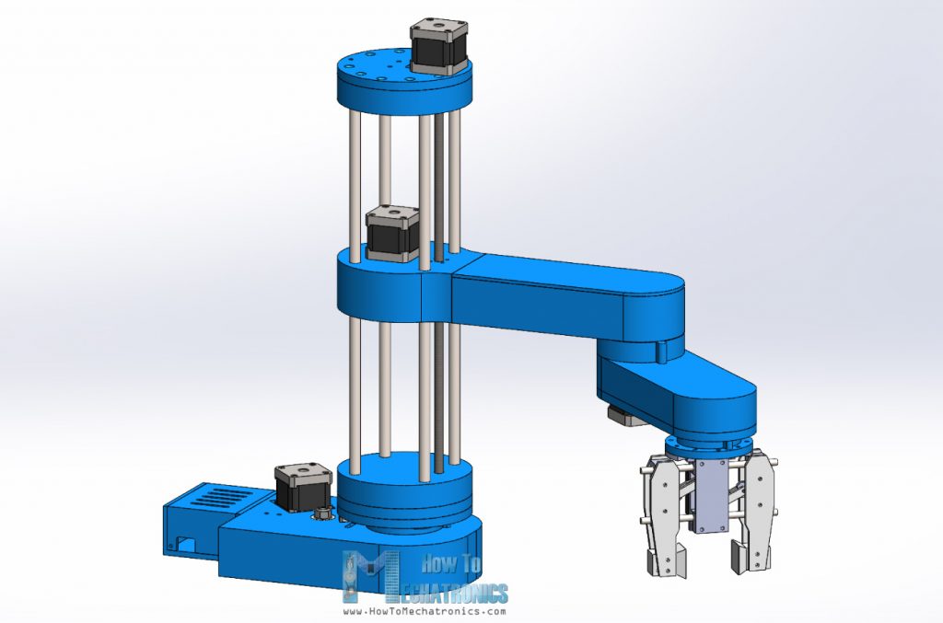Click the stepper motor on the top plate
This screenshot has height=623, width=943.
(437, 46)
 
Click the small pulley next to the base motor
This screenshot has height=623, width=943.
(324, 512)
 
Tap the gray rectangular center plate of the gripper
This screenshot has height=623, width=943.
(713, 497)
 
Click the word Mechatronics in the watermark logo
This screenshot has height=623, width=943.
(456, 592)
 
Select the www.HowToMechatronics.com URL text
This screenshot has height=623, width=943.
(425, 611)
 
